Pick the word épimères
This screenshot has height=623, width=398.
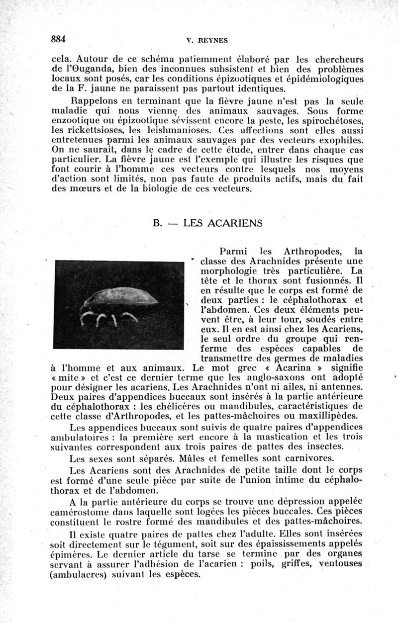point(73,553)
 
